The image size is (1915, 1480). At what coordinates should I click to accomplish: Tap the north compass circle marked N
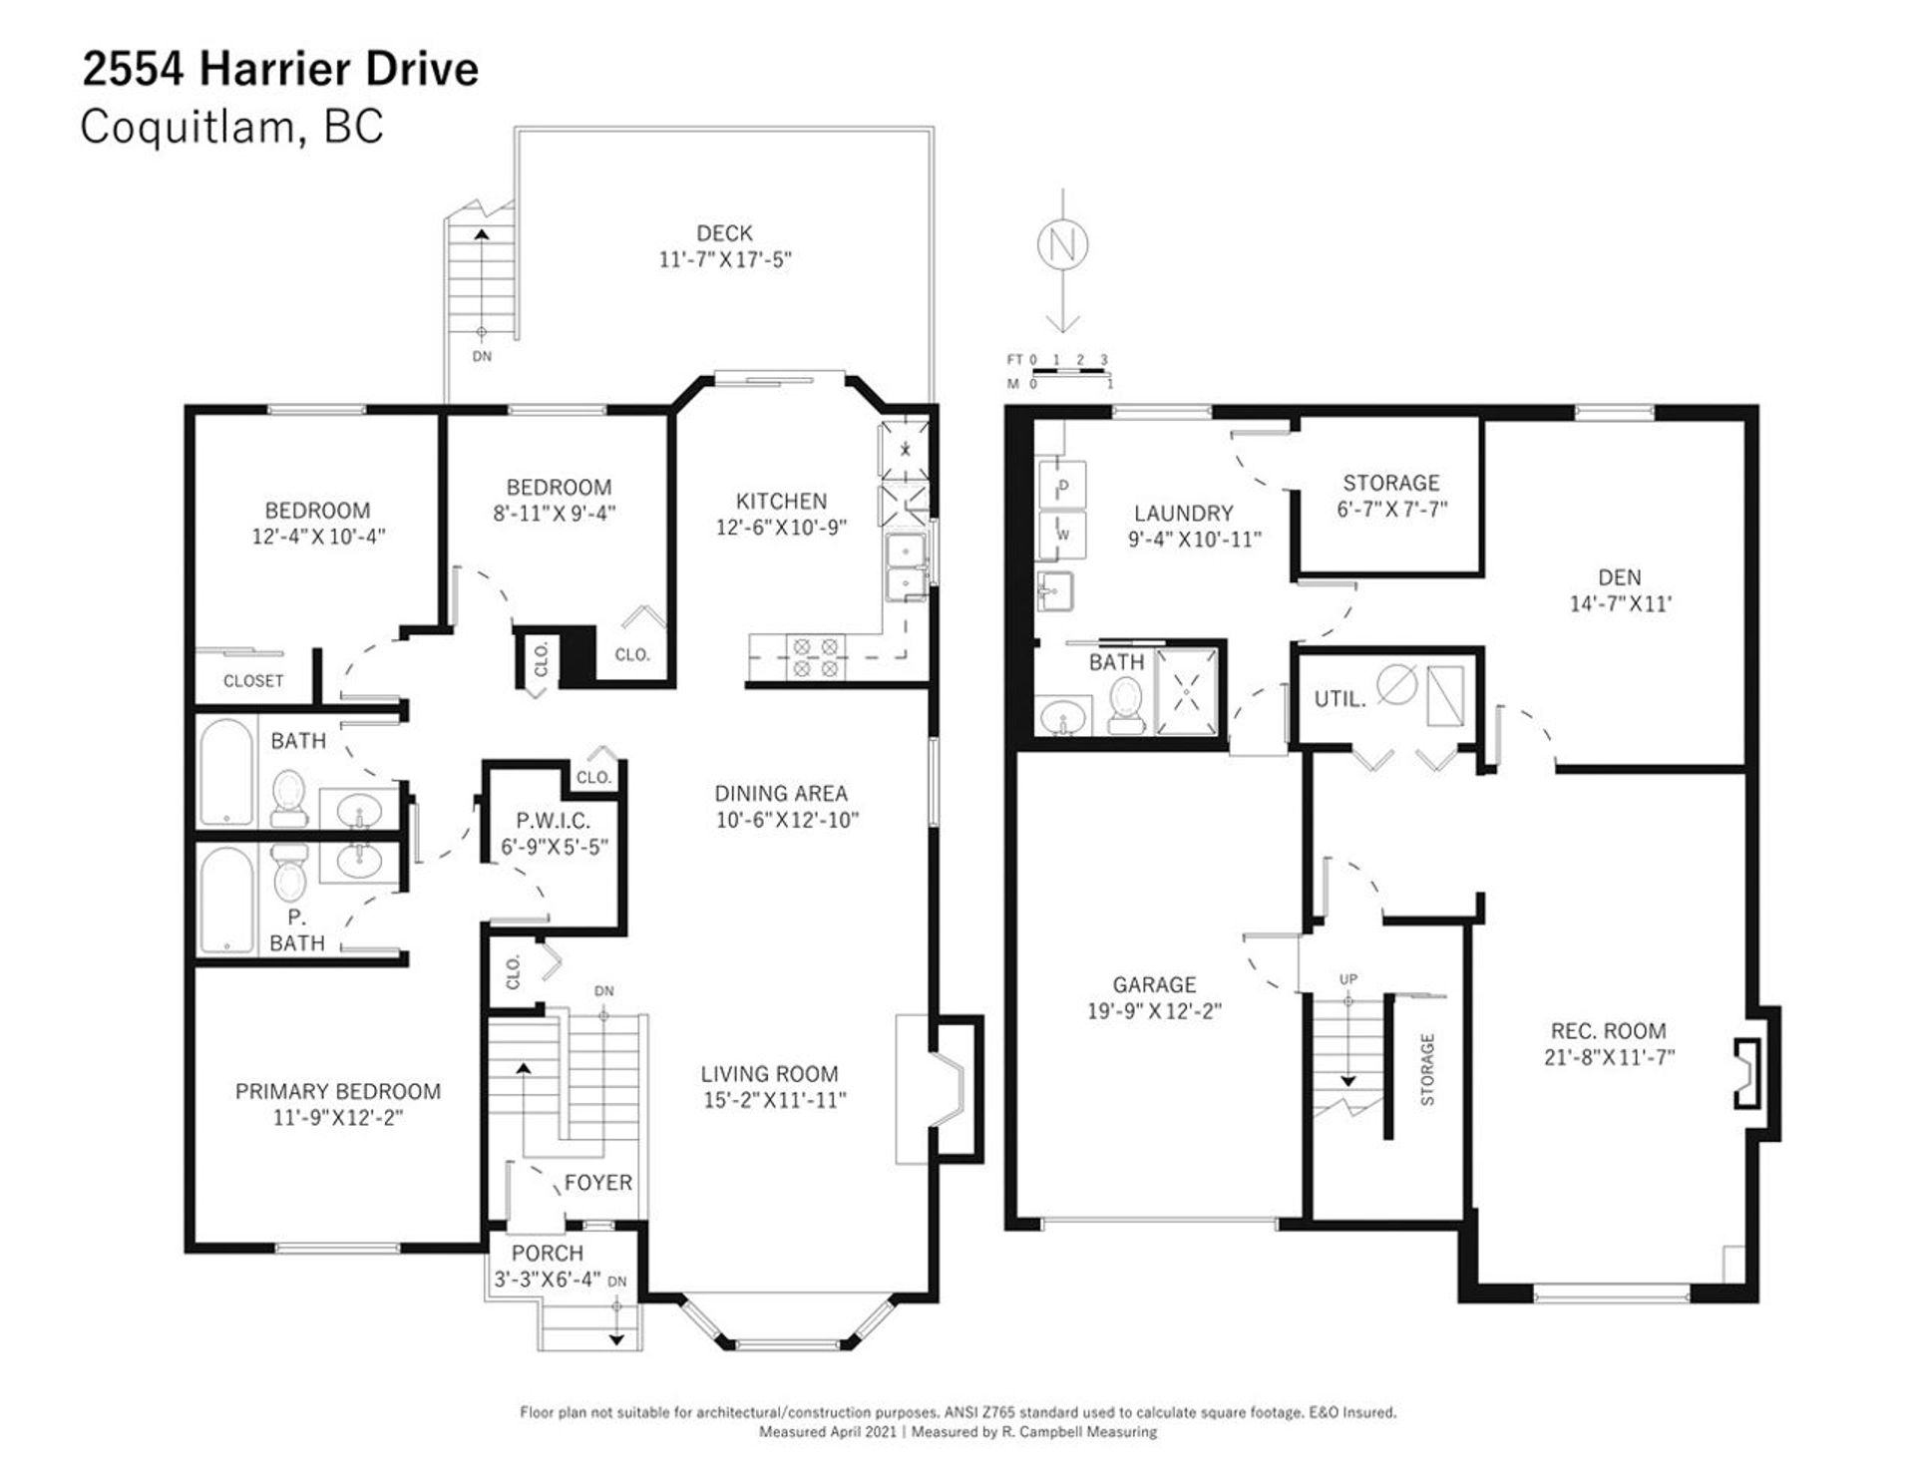click(1063, 244)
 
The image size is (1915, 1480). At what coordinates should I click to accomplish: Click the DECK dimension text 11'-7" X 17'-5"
click(725, 259)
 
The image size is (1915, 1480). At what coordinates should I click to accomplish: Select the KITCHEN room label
click(781, 501)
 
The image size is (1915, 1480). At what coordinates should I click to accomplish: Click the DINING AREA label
click(781, 794)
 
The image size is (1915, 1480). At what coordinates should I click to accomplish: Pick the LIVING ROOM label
click(769, 1074)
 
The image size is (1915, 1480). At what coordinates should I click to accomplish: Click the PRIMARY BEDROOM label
click(338, 1091)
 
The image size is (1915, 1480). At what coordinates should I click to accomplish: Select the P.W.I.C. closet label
click(554, 821)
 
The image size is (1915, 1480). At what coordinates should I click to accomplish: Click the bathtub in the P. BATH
click(226, 901)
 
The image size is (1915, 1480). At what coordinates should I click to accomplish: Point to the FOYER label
click(598, 1183)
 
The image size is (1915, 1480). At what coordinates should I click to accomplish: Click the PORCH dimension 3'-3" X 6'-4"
click(547, 1280)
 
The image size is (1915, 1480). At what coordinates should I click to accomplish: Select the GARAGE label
click(1154, 984)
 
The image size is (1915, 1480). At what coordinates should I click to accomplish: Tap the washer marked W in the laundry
click(1063, 535)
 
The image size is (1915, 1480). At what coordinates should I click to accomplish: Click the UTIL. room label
click(1340, 699)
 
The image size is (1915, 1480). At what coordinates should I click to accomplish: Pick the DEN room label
click(1619, 577)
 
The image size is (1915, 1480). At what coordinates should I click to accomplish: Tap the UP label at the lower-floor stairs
click(1348, 979)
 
